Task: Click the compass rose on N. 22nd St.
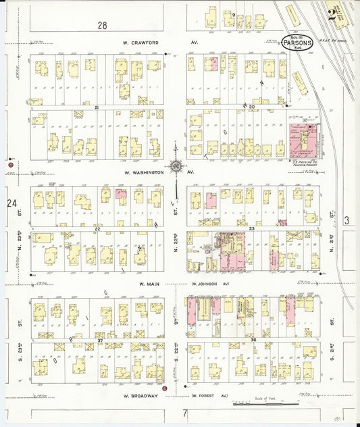pyautogui.click(x=176, y=166)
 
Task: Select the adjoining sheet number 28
pyautogui.click(x=102, y=25)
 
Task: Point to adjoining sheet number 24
pyautogui.click(x=11, y=203)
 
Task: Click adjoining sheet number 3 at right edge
pyautogui.click(x=345, y=220)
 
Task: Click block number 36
pyautogui.click(x=253, y=339)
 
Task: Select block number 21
pyautogui.click(x=97, y=107)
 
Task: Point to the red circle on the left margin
pyautogui.click(x=11, y=165)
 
